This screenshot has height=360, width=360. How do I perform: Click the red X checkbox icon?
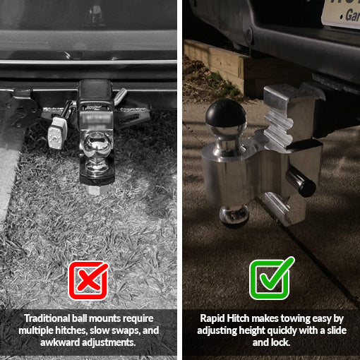click(88, 280)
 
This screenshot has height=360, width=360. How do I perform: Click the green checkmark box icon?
click(271, 278)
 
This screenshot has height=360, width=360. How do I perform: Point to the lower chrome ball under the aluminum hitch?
click(234, 216)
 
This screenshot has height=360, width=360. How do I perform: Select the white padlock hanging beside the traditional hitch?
click(56, 133)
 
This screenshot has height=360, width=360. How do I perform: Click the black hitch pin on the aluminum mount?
click(301, 182)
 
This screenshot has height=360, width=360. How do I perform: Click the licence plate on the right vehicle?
click(342, 12)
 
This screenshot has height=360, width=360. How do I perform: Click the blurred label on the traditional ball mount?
click(96, 119)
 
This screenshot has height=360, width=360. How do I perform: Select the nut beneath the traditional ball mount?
click(96, 190)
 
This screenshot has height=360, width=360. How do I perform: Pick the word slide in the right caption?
click(337, 330)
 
